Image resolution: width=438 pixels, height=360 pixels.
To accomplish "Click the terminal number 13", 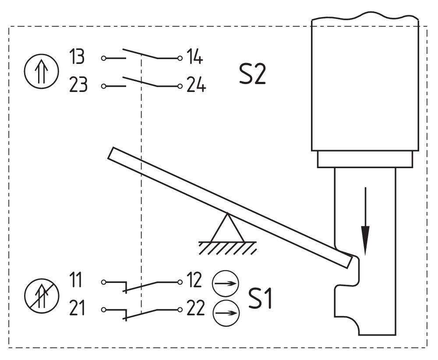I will (77, 57).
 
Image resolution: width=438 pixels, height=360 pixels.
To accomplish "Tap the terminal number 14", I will (194, 57).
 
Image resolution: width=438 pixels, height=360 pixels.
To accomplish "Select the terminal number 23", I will (78, 85).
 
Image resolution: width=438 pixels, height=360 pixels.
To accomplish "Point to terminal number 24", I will (195, 85).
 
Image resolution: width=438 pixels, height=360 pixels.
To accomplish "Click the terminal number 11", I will (77, 281).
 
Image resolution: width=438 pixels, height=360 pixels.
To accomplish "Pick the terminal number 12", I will (193, 281).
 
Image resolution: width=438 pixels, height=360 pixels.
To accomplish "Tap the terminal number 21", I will (77, 309).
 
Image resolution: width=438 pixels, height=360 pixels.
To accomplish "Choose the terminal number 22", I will (194, 309).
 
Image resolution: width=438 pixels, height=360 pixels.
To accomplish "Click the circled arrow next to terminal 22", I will (226, 313).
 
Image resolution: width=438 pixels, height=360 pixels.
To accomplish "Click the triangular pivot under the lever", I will (227, 228).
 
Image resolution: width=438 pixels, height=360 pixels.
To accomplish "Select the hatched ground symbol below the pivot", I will (227, 248).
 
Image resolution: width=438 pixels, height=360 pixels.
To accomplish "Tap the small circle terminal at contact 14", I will (180, 58).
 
